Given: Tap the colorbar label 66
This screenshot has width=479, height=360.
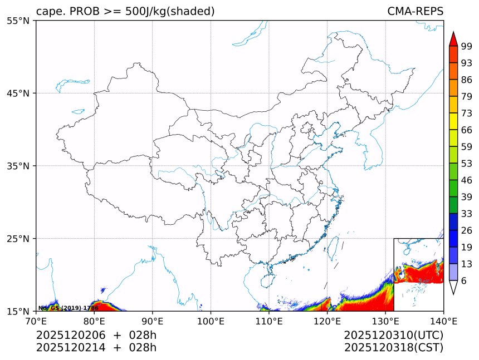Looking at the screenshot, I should coord(467,130).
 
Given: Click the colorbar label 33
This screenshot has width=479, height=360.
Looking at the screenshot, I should coord(467,214).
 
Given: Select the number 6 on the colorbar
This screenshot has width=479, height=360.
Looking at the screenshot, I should coord(464,281).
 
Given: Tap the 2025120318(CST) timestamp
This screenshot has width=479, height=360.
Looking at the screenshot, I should coord(393,348).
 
